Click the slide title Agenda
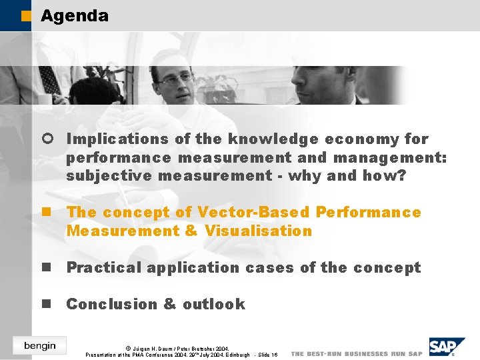coord(74,15)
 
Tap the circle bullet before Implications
coord(47,139)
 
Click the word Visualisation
coord(259,231)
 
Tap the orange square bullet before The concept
coord(47,212)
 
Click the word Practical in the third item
coord(104,267)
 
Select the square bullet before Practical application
coord(47,267)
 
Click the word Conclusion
coord(111,304)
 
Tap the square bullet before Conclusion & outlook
coord(47,304)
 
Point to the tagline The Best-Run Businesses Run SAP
coord(357,353)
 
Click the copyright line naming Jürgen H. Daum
coord(177,348)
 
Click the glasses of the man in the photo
coord(175,79)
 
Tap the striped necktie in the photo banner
coord(48,80)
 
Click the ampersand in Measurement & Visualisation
coord(191,231)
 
